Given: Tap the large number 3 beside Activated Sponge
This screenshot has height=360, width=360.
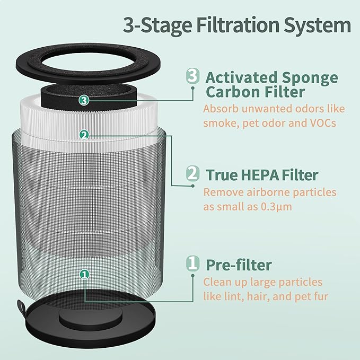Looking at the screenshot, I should pos(193,76).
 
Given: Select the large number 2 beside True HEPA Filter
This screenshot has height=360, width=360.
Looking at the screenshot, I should pos(193,174).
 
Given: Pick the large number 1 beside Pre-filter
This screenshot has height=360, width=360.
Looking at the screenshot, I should pos(193,263).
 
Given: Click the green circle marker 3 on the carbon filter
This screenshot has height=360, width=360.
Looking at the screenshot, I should pos(83,100).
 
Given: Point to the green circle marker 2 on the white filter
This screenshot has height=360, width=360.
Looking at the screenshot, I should pos(83,135).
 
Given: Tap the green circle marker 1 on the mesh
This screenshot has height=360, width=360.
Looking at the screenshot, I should pos(83,274).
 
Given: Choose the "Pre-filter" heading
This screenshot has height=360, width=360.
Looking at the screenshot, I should pos(238,264).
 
